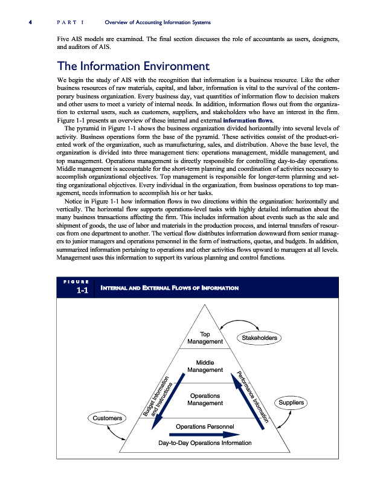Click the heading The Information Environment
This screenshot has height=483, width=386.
[x=132, y=66]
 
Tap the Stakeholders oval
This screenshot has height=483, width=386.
[x=259, y=338]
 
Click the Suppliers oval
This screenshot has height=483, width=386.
[x=291, y=402]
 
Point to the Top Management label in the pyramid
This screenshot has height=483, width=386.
[x=205, y=338]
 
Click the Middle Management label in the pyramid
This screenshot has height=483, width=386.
[x=205, y=366]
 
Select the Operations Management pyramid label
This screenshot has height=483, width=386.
[x=205, y=399]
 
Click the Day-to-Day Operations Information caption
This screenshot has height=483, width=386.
[x=204, y=443]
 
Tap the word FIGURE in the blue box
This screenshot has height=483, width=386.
[x=76, y=281]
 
